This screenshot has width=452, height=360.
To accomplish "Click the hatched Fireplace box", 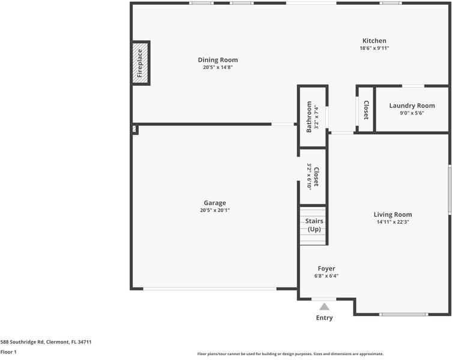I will pyautogui.click(x=140, y=63).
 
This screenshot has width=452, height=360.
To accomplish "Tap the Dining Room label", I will pyautogui.click(x=218, y=60).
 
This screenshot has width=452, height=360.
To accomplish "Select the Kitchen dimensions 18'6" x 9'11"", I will pyautogui.click(x=374, y=49).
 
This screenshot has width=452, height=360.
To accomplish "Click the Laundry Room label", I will pyautogui.click(x=412, y=106).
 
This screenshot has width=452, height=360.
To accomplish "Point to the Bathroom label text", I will pyautogui.click(x=310, y=116).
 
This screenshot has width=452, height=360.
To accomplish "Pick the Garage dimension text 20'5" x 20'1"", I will pyautogui.click(x=215, y=211).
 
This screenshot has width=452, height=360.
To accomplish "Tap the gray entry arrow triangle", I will pyautogui.click(x=324, y=307).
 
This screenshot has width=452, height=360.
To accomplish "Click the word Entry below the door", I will pyautogui.click(x=324, y=318).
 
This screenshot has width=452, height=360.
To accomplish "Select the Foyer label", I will pyautogui.click(x=327, y=269).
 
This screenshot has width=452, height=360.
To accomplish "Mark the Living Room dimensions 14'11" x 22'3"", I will pyautogui.click(x=393, y=222).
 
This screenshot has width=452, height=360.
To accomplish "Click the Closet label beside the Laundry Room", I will pyautogui.click(x=366, y=109).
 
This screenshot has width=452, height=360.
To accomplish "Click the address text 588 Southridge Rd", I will pyautogui.click(x=46, y=342).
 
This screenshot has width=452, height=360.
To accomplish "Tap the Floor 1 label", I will pyautogui.click(x=8, y=352).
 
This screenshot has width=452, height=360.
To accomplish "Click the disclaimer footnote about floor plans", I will pyautogui.click(x=290, y=354).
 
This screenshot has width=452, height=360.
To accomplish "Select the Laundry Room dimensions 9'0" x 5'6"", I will pyautogui.click(x=412, y=113).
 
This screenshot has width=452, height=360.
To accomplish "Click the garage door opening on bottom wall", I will pyautogui.click(x=210, y=289).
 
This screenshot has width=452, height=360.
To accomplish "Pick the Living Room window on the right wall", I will pyautogui.click(x=449, y=190).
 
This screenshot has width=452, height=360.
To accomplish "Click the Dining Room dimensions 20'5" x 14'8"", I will pyautogui.click(x=218, y=68).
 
